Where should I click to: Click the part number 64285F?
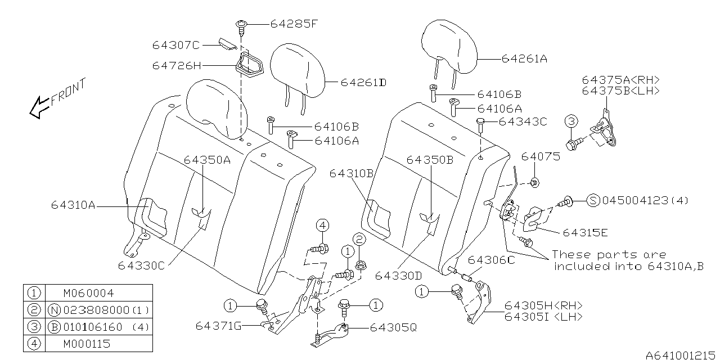pyautogui.click(x=294, y=24)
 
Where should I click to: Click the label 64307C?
pyautogui.click(x=176, y=46)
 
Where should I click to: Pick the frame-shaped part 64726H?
pyautogui.click(x=249, y=65)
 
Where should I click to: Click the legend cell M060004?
pyautogui.click(x=89, y=293)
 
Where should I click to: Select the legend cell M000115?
pyautogui.click(x=87, y=344)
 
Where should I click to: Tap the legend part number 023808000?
pyautogui.click(x=96, y=310)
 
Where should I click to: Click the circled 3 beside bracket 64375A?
pyautogui.click(x=571, y=121)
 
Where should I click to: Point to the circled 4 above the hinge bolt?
pyautogui.click(x=322, y=226)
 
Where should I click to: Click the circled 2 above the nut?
pyautogui.click(x=359, y=239)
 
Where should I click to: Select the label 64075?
pyautogui.click(x=541, y=156)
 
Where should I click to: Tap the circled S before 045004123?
pyautogui.click(x=593, y=201)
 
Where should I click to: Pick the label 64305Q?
pyautogui.click(x=393, y=328)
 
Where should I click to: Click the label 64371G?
pyautogui.click(x=219, y=326)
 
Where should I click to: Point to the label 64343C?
pyautogui.click(x=523, y=122)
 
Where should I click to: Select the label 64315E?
pyautogui.click(x=586, y=233)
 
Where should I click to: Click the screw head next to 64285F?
pyautogui.click(x=241, y=24)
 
